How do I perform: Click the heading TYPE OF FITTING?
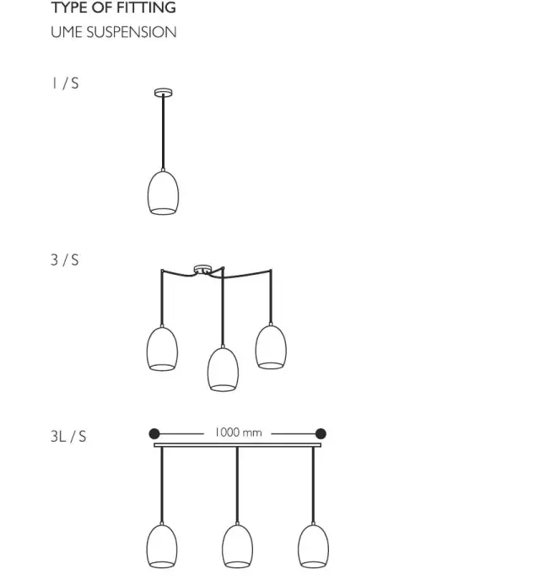(x=114, y=8)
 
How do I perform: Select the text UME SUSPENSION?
(x=114, y=32)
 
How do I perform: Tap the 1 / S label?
(x=65, y=83)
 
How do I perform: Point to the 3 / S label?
(x=65, y=260)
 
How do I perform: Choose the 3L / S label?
(x=68, y=436)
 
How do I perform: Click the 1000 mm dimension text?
(x=238, y=432)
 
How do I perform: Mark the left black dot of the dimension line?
(x=154, y=434)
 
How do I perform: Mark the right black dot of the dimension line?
(x=321, y=434)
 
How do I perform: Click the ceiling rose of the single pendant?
(x=164, y=92)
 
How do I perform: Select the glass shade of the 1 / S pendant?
(x=163, y=193)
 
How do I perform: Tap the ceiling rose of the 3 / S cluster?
(x=202, y=269)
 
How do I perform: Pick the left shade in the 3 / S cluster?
(x=162, y=349)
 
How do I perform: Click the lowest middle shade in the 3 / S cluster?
(x=223, y=369)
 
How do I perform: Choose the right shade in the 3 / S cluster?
(x=271, y=347)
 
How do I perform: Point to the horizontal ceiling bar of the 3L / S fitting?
(x=238, y=445)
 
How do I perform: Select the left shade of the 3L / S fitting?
(x=162, y=546)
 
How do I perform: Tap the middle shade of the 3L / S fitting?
(x=238, y=546)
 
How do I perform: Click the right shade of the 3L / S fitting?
(x=313, y=546)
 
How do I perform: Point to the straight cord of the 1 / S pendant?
(x=163, y=132)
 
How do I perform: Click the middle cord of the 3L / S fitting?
(x=238, y=485)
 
